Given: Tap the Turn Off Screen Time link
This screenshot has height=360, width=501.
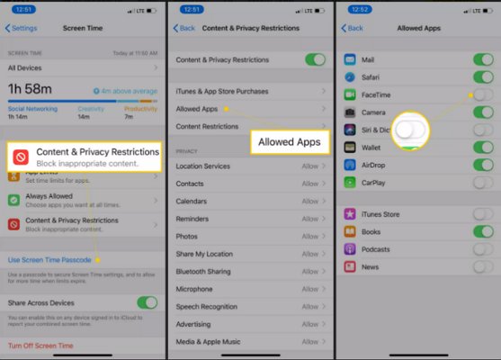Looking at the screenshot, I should coord(40,346).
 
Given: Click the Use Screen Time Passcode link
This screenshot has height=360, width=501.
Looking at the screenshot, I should coord(50,260).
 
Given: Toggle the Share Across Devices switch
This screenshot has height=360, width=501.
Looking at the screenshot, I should coord(146,303).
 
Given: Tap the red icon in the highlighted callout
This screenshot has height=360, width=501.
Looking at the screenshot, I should coord(21,157).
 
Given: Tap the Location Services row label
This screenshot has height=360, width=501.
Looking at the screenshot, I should coord(203,166).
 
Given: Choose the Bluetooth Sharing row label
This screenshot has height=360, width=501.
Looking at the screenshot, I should coord(204,271).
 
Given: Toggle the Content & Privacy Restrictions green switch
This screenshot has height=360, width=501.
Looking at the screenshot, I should coord(315,59).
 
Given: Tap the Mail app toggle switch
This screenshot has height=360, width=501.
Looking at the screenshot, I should coord(483,60).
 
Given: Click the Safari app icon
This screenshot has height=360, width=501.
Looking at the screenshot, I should coord(351,77).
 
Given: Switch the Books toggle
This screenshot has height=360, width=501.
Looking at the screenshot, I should coord(483,231).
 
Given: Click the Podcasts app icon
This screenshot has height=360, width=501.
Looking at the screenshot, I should coord(351,248).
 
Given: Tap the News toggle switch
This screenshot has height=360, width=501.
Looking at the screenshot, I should coord(483,266).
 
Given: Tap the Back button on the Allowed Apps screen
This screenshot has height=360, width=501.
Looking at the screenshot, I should coord(353,28).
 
